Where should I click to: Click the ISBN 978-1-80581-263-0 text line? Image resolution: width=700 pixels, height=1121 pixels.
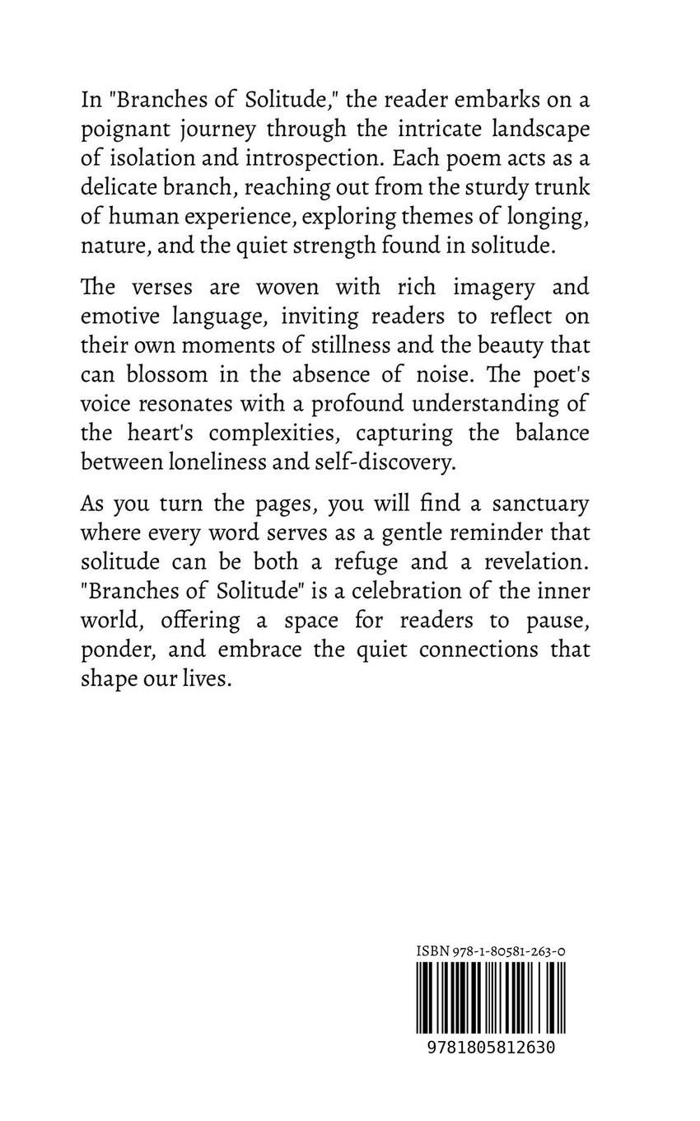coord(490,951)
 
